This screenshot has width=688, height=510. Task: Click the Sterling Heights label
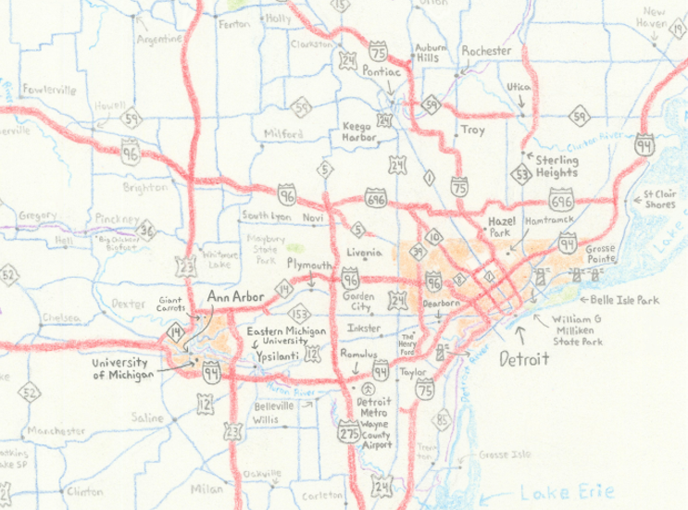coord(557,167)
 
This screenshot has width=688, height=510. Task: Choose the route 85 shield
coord(444,422)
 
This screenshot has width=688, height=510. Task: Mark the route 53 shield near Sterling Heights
coord(522,173)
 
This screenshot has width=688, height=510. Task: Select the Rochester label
coord(486,51)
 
